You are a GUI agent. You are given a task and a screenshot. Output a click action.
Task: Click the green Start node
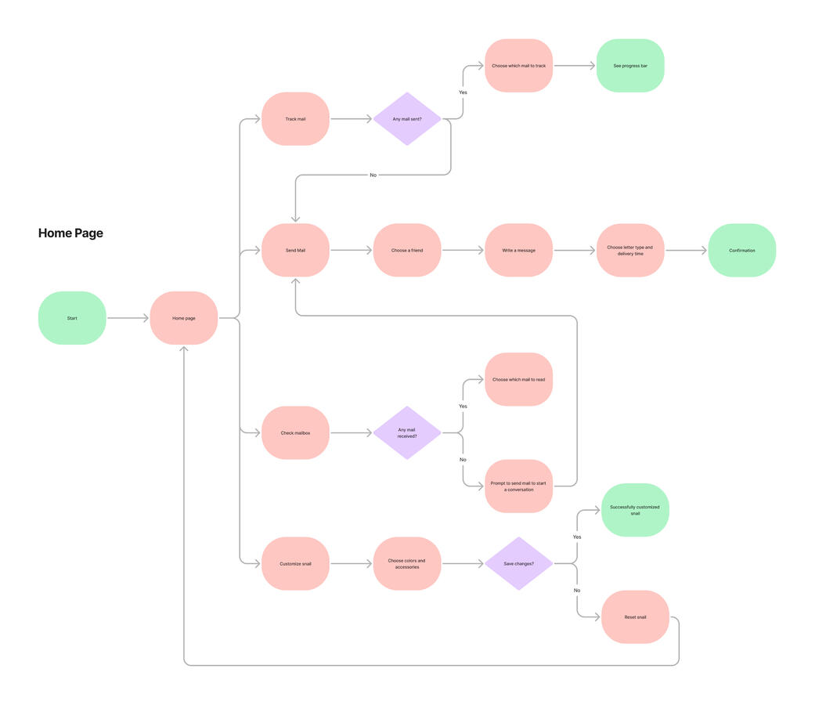pos(72,318)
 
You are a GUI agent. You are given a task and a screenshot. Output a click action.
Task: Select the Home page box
pos(184,318)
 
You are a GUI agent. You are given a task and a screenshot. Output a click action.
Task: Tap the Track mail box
pos(295,119)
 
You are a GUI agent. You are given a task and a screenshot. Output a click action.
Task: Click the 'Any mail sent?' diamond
pos(407,119)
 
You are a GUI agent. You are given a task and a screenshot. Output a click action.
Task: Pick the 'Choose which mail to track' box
pos(518,66)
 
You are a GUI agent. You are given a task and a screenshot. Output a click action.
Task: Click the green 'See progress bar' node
pos(630,66)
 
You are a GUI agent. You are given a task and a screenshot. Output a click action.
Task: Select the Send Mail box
pos(295,251)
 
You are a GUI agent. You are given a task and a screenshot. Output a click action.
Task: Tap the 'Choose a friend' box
pos(407,251)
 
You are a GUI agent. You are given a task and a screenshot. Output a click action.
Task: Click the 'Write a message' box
pos(518,251)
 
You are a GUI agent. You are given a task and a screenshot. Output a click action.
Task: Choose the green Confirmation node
pos(741,251)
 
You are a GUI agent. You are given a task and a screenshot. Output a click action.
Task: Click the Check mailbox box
pos(295,433)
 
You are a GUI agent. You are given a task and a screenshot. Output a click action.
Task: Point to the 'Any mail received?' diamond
pos(407,433)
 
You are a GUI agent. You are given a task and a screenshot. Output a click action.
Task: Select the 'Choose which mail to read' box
pos(518,380)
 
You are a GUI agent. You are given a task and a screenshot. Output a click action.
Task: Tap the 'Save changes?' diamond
pos(518,563)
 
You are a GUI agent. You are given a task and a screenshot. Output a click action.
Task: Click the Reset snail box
pos(635,617)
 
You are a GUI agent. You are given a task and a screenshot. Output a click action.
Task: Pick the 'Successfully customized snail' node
pos(635,510)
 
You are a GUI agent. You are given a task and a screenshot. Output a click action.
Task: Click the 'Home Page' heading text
pos(70,233)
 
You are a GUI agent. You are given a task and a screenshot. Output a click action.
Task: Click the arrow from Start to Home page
pos(128,318)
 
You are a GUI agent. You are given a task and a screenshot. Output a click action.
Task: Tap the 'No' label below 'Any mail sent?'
pos(373,175)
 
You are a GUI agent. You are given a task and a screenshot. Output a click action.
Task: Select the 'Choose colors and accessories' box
pos(407,563)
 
